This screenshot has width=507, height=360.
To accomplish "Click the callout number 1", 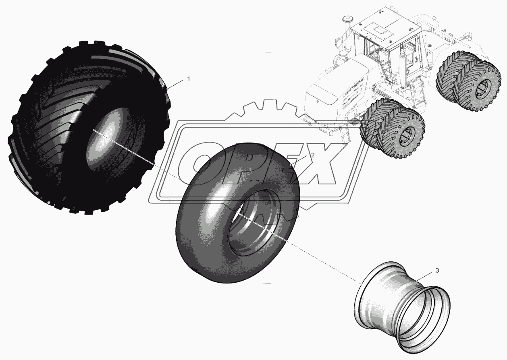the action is tap(188, 79).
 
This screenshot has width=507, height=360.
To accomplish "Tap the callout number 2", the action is tap(313, 155).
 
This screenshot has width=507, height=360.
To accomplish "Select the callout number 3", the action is tap(437, 271).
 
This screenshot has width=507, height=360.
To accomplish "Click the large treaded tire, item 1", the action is tap(89, 128).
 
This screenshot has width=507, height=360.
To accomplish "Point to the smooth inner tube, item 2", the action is tap(238, 213).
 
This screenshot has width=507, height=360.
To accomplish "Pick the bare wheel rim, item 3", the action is tap(402, 310).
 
